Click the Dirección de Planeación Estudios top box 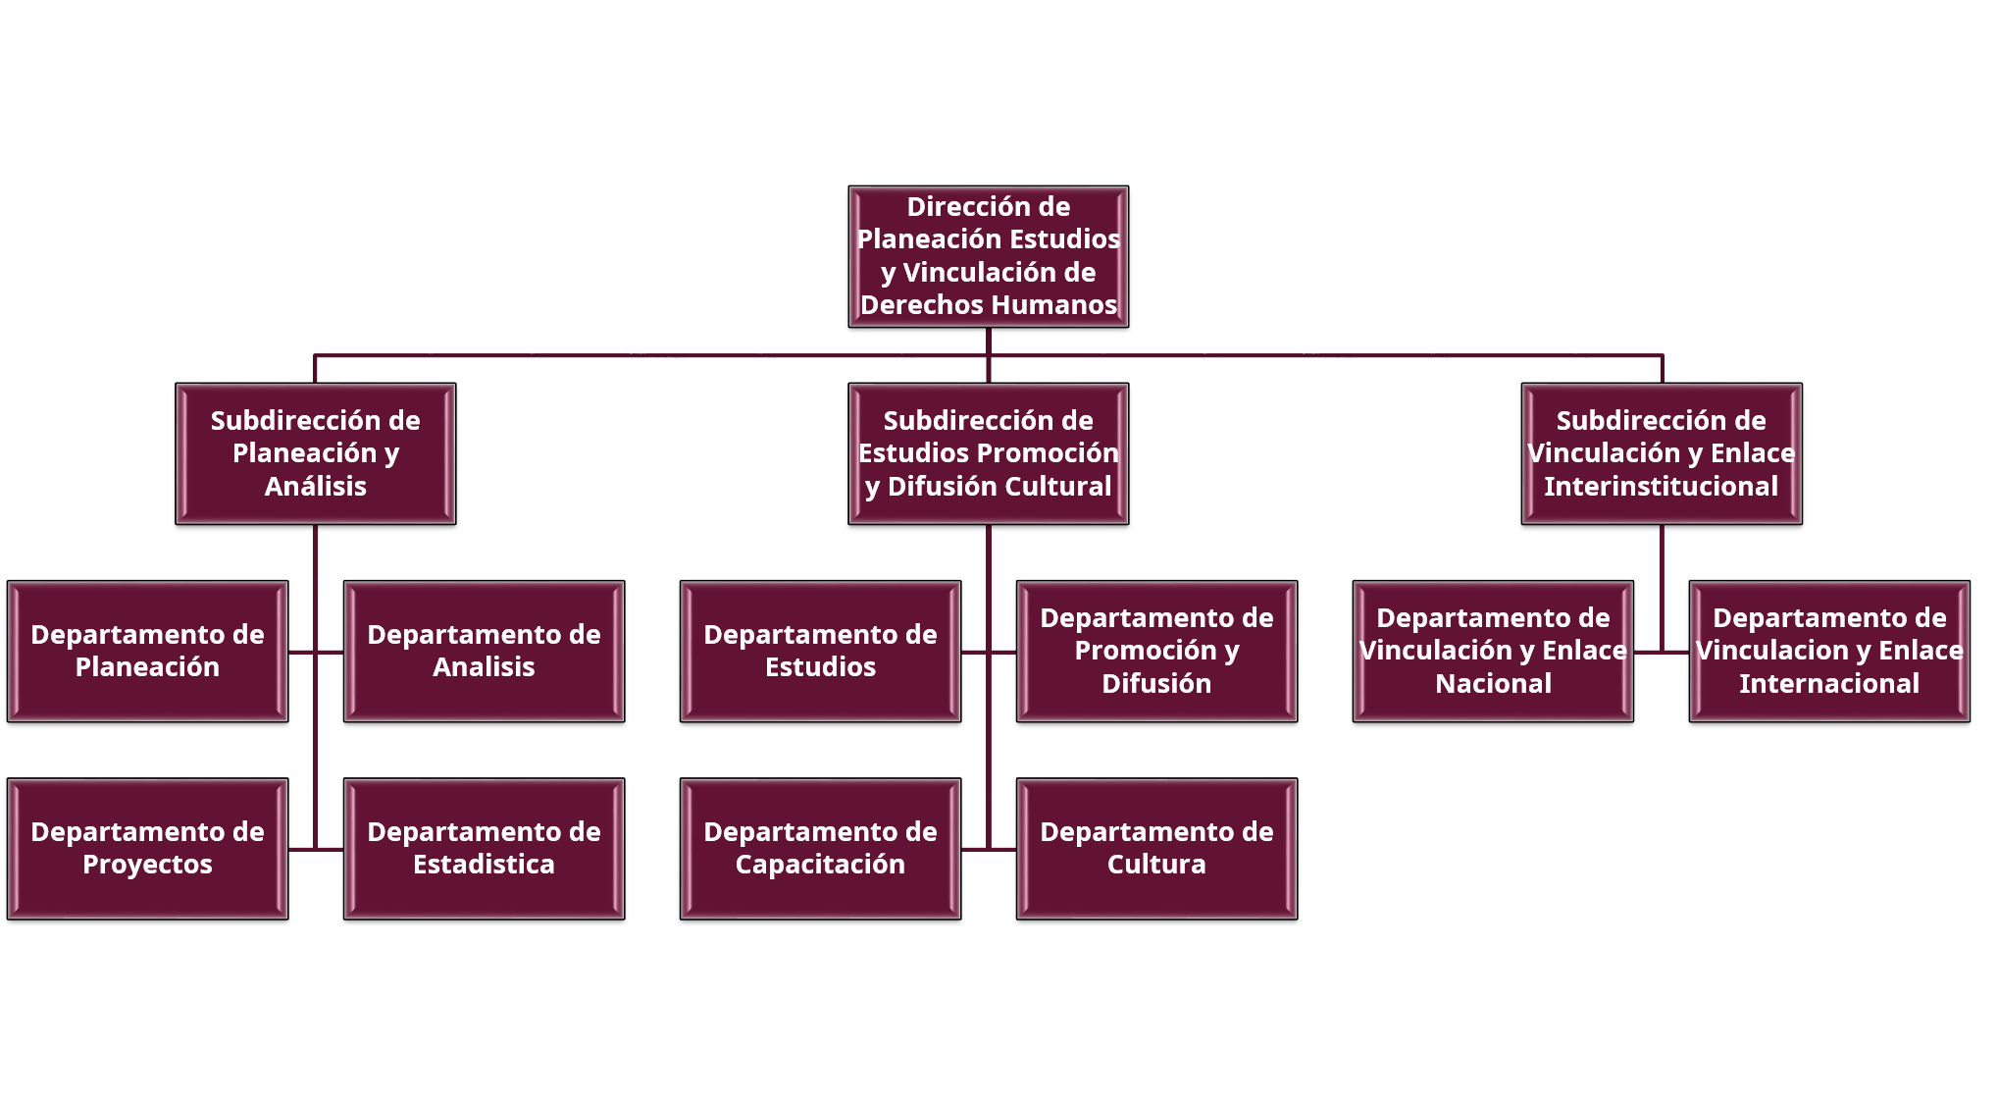click(x=988, y=256)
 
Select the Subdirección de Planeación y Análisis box click(x=315, y=453)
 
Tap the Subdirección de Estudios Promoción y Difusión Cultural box click(x=988, y=453)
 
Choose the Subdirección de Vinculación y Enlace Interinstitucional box click(x=1661, y=453)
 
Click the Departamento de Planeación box click(x=147, y=651)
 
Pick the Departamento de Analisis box click(x=484, y=651)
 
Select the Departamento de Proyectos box click(x=147, y=848)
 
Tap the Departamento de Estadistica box click(x=484, y=848)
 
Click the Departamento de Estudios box click(x=820, y=651)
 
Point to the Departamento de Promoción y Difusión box click(x=1156, y=651)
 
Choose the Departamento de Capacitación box click(x=820, y=848)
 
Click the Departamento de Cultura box click(x=1156, y=848)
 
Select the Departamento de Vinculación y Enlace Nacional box click(x=1493, y=651)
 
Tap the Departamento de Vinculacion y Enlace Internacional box click(x=1829, y=651)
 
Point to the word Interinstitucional click(x=1661, y=487)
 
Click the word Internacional click(x=1829, y=684)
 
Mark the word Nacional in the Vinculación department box click(x=1493, y=684)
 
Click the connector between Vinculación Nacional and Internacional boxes click(x=1662, y=651)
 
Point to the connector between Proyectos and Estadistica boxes click(x=316, y=849)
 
